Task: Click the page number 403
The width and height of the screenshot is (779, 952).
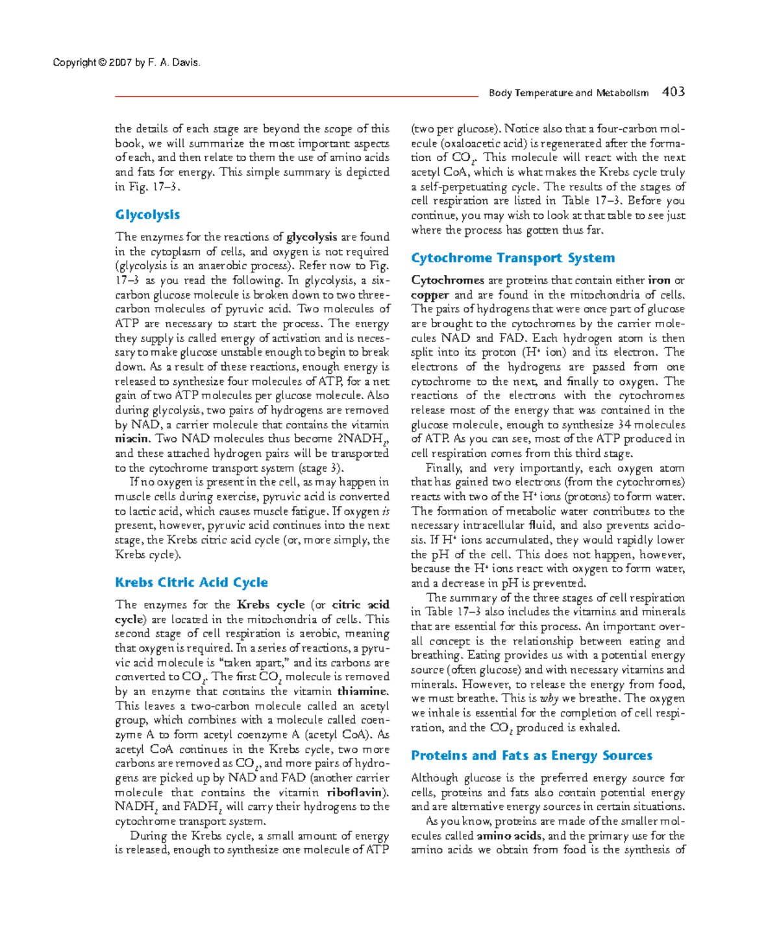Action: (673, 92)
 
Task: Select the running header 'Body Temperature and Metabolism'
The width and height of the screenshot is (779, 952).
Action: (568, 93)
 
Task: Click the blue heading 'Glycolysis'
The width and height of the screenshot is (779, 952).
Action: (147, 215)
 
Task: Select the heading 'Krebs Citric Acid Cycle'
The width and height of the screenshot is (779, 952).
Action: (192, 582)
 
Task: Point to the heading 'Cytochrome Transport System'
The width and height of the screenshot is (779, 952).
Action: (513, 258)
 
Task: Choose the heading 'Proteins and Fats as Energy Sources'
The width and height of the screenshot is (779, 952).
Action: (532, 755)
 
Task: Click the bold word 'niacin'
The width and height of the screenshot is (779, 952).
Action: (131, 439)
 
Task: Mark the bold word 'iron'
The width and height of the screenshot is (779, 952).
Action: (659, 280)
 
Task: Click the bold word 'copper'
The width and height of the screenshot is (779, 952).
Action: (430, 295)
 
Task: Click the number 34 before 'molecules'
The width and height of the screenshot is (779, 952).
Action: (624, 424)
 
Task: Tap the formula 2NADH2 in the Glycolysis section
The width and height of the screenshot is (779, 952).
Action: (363, 439)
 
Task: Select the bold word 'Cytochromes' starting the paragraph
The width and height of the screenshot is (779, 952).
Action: (447, 280)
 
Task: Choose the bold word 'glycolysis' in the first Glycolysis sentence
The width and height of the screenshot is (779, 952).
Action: (312, 237)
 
